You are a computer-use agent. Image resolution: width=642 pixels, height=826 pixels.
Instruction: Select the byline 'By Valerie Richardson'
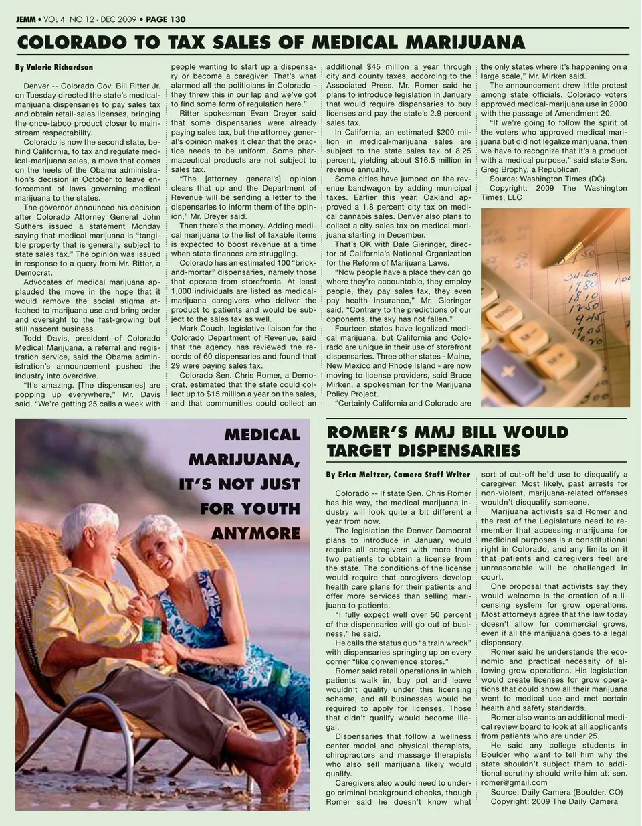(54, 68)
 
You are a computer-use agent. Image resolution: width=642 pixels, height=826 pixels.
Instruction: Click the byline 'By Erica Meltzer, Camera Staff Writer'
(398, 475)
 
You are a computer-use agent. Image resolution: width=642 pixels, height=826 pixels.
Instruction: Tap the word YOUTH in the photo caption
(250, 509)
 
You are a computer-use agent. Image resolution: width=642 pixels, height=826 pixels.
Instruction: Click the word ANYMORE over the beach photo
(255, 533)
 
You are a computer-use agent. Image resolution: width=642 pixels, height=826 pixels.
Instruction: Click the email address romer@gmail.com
(514, 782)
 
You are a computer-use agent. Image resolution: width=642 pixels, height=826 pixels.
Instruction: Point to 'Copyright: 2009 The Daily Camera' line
(554, 801)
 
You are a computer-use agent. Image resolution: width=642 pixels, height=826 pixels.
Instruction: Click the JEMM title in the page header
(26, 19)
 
